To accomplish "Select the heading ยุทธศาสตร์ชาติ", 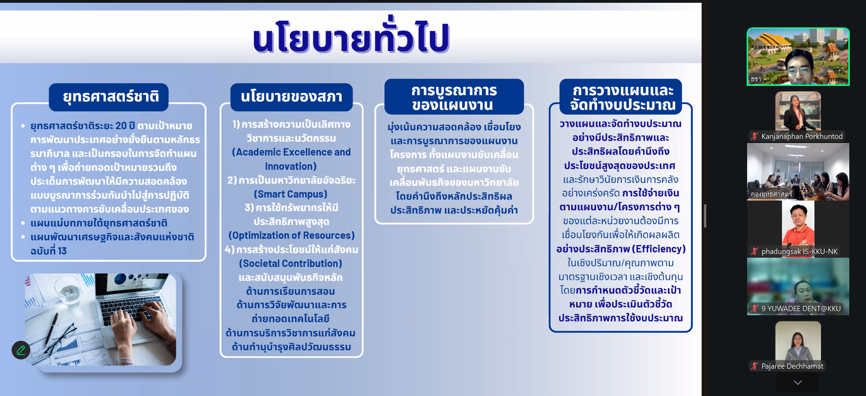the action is click(x=111, y=97).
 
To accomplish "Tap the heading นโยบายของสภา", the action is click(x=292, y=96).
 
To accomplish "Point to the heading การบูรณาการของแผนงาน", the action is click(x=454, y=97).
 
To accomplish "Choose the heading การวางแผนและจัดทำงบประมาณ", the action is click(x=623, y=97).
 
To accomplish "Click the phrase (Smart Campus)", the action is click(x=291, y=194).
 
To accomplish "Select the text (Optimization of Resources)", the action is click(x=292, y=235).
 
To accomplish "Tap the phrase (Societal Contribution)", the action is click(x=291, y=263).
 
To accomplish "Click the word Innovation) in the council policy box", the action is click(x=291, y=166).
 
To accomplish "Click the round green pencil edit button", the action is click(x=21, y=350).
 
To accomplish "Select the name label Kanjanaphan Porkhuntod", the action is click(x=802, y=136).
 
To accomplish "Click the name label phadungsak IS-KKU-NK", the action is click(x=800, y=251).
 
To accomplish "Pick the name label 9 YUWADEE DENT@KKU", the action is click(x=801, y=308).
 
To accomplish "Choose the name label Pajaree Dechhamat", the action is click(x=792, y=366).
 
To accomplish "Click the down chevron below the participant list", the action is click(x=798, y=383).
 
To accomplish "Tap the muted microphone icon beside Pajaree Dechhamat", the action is click(x=755, y=366).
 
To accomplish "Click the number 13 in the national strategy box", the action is click(x=62, y=251).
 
